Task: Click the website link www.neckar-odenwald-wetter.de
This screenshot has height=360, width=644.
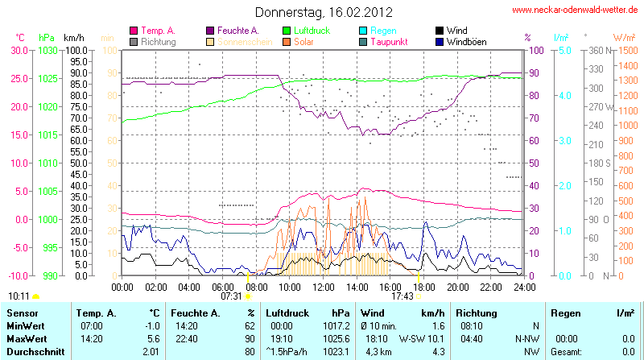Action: pos(575,10)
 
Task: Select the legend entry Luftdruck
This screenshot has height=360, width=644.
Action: pos(318,30)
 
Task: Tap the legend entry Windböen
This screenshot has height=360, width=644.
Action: pos(464,41)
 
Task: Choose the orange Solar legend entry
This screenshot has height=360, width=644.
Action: pos(303,41)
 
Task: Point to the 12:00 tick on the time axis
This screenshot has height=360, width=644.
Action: pos(324,286)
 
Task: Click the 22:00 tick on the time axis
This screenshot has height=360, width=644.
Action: pos(491,286)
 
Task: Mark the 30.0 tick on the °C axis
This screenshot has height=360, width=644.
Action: pos(18,50)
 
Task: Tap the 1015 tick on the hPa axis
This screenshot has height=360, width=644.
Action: pos(47,134)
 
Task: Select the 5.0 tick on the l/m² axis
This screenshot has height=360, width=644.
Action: pos(564,50)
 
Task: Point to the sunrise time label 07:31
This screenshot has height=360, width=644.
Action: pos(231,296)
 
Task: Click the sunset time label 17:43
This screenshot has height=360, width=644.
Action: pos(402,296)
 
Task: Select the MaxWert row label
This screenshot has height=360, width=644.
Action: pos(26,338)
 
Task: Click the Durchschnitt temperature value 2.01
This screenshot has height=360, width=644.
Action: pos(151,351)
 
